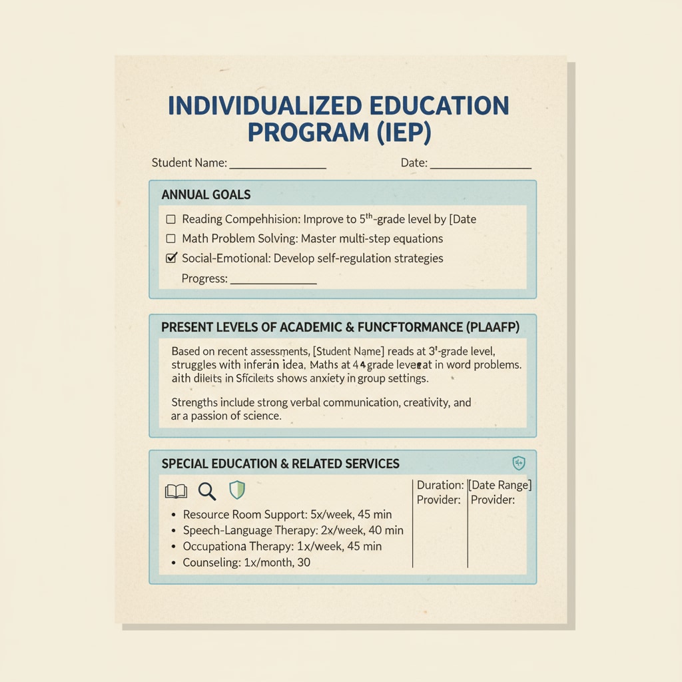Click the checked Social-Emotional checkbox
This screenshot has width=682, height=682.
coord(170,258)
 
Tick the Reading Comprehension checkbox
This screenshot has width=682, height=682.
coord(170,219)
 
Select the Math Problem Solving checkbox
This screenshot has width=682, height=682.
coord(170,238)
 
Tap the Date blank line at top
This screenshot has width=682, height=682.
coord(481,167)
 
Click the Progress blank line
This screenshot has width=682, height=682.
coord(272,282)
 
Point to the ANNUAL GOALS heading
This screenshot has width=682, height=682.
coord(206,195)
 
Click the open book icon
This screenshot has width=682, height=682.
coord(176,492)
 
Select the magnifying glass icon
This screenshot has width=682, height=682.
coord(207,492)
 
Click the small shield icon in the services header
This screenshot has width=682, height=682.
coord(519,463)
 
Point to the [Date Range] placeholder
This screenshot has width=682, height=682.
coord(500,485)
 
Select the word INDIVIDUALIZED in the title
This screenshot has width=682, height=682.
coord(265,105)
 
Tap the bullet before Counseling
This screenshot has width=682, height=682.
coord(173,563)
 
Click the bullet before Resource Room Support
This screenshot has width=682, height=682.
coord(173,515)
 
